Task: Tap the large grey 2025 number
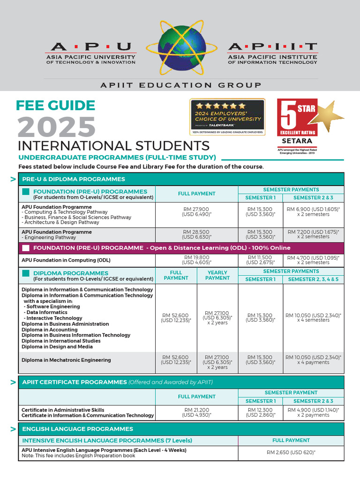(x=57, y=127)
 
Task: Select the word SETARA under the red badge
(x=297, y=140)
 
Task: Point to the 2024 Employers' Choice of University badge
(x=227, y=116)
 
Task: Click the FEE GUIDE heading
(x=56, y=105)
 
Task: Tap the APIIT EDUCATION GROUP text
(x=180, y=85)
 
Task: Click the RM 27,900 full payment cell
(x=197, y=211)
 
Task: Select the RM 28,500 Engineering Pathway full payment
(x=197, y=234)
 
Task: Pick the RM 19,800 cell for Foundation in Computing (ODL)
(x=197, y=260)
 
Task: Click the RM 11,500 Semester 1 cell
(x=261, y=260)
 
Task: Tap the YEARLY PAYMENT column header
(x=217, y=275)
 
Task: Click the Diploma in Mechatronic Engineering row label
(x=67, y=360)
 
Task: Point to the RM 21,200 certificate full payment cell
(x=197, y=412)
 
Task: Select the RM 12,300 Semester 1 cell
(x=261, y=412)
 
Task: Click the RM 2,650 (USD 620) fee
(x=291, y=452)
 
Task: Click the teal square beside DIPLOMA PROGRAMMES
(x=25, y=273)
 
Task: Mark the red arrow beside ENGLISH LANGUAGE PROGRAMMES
(x=13, y=429)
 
